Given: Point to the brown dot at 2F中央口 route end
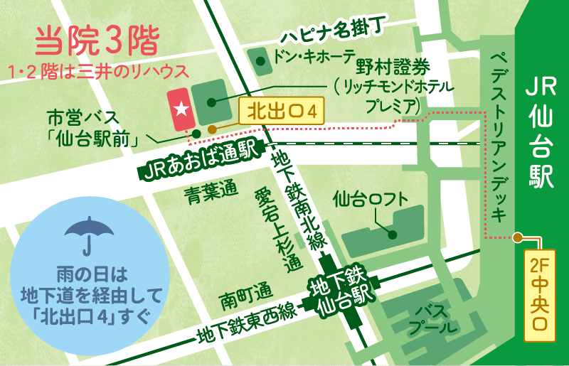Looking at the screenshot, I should [520, 237].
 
